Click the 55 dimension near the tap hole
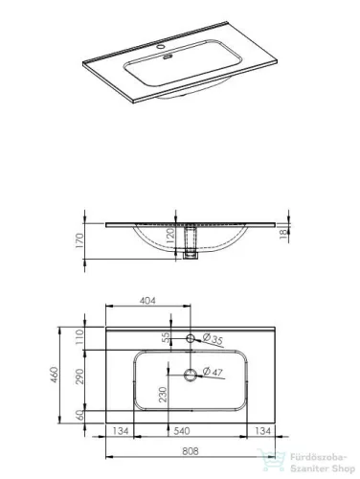(x=165, y=338)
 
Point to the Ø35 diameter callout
(x=213, y=339)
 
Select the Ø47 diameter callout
(x=214, y=374)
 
